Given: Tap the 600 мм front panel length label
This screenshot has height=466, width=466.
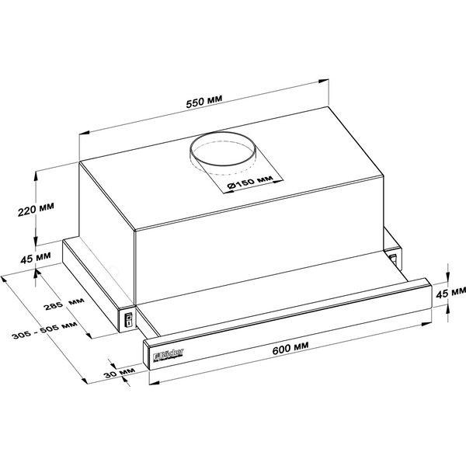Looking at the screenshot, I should (x=291, y=349).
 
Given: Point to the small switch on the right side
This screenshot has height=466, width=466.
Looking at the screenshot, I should (x=394, y=255).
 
